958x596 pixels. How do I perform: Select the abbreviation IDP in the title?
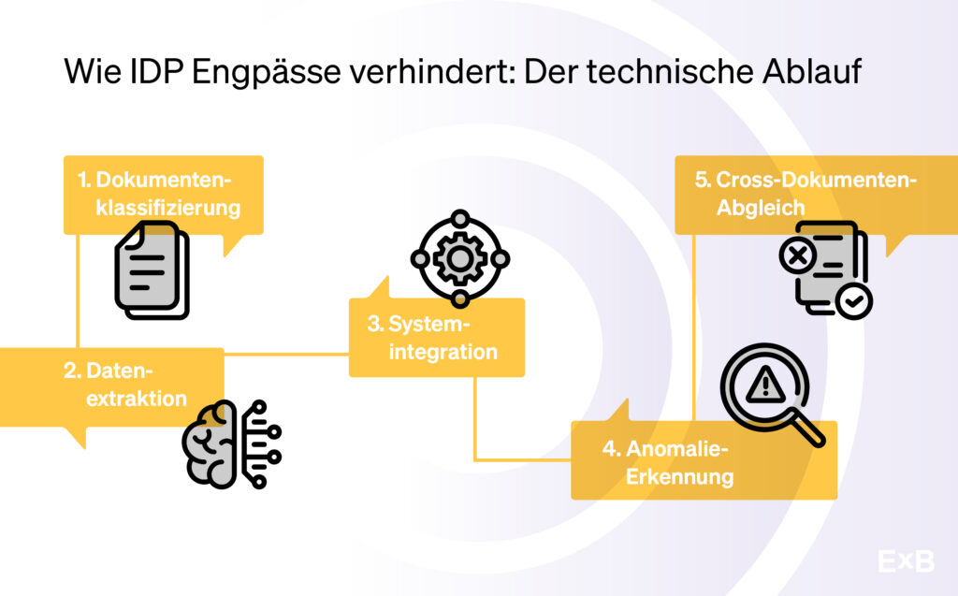[156, 71]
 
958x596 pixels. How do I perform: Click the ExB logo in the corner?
[906, 560]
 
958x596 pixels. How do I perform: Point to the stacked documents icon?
[152, 269]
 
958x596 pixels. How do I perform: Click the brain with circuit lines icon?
[232, 444]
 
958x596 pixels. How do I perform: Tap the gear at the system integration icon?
[459, 258]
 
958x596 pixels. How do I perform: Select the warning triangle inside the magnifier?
[765, 386]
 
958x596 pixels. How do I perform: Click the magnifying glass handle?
[806, 428]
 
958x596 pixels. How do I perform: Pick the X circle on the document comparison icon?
[798, 254]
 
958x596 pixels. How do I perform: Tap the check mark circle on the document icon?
[853, 300]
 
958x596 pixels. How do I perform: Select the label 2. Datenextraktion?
[125, 385]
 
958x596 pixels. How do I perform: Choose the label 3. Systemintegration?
[432, 338]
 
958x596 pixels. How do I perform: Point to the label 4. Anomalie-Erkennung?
[668, 462]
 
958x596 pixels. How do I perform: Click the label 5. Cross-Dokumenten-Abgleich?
[806, 194]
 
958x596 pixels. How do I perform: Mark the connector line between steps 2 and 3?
[286, 354]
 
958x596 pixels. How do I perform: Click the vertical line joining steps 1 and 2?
[78, 291]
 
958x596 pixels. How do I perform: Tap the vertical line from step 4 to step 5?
[693, 327]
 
